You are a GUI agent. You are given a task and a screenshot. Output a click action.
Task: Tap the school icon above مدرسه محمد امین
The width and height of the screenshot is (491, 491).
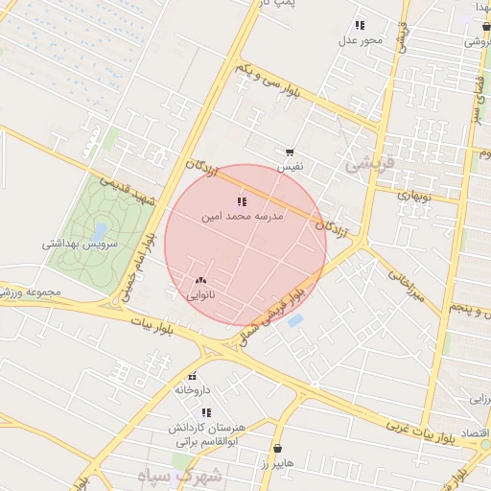pos(241,201)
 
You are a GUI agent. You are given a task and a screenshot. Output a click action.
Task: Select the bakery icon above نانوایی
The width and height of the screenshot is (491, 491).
pos(200,280)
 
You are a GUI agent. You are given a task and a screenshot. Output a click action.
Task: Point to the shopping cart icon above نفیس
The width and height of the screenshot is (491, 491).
pos(289,152)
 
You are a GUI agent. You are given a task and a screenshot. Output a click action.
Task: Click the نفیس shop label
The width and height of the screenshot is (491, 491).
pos(290,167)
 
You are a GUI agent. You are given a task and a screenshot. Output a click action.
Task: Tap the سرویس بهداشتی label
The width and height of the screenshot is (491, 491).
pos(80,245)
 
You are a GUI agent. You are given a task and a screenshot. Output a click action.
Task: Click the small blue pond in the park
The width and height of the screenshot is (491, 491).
pos(99,231)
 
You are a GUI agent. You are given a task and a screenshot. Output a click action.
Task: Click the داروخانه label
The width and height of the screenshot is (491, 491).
pos(192,390)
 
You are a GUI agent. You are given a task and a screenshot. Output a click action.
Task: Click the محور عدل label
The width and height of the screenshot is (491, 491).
pos(361,40)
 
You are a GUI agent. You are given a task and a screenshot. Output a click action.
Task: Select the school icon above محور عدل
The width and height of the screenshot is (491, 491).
pos(360,25)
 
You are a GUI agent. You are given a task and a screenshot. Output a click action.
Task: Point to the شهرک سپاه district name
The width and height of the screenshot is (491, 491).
pos(192,476)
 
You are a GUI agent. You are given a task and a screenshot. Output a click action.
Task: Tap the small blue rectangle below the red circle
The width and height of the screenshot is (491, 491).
pos(295,320)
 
